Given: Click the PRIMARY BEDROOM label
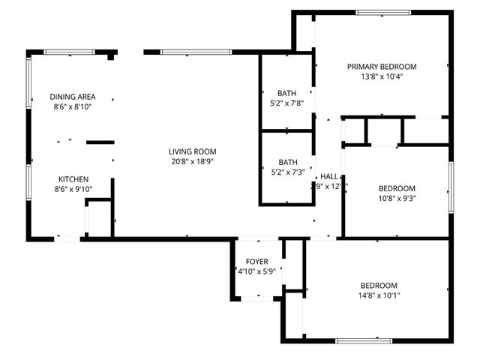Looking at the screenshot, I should [x=381, y=67].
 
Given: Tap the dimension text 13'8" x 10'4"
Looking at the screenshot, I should [x=381, y=76].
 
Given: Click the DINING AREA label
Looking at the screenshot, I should [x=73, y=97].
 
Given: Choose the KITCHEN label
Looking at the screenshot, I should [x=73, y=179].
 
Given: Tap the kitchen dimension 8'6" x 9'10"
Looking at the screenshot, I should [x=73, y=189].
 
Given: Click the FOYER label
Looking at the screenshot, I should [x=256, y=262].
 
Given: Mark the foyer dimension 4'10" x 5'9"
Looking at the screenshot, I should [x=256, y=271].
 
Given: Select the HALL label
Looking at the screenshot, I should [x=328, y=176].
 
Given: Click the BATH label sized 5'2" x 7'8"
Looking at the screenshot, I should [x=287, y=94].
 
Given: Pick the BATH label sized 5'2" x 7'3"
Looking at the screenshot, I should [x=287, y=162].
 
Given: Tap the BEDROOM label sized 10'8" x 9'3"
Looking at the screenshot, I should [x=397, y=188].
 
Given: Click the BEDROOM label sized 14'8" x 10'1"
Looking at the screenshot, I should [x=379, y=285].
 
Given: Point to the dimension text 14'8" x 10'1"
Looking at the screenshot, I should [x=379, y=295].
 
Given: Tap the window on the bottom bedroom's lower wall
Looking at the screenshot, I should [x=363, y=340].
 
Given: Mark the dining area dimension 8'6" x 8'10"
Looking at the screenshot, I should [x=73, y=106].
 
